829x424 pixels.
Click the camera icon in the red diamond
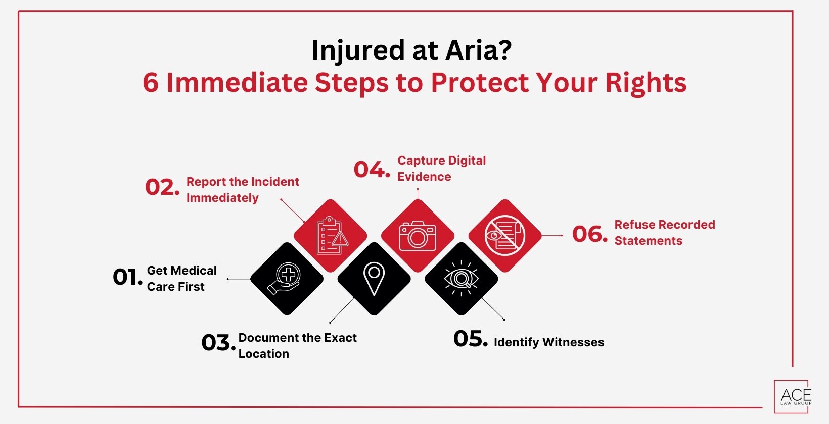(418, 236)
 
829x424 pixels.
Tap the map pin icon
(374, 279)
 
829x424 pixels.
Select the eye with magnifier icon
(461, 279)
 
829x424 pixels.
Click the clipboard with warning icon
(331, 236)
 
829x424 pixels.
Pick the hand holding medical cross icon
(286, 279)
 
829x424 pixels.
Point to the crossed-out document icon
(504, 235)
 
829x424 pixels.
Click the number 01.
(127, 277)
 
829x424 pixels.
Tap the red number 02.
(162, 187)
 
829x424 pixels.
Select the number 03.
(218, 343)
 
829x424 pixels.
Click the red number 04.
(372, 170)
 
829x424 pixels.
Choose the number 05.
(470, 339)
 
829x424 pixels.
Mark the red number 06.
(589, 234)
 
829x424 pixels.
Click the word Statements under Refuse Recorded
(648, 241)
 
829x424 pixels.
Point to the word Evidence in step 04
(424, 177)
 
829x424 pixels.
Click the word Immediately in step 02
(222, 198)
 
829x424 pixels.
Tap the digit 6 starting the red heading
(150, 83)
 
